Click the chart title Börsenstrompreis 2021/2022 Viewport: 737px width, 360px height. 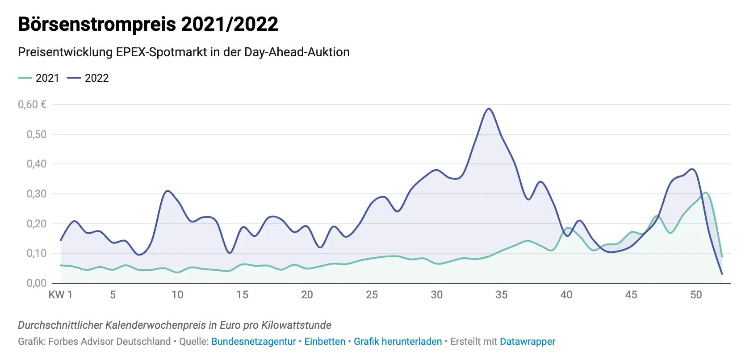(148, 24)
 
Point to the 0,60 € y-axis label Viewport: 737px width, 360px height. (32, 105)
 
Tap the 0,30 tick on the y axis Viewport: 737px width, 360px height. (36, 194)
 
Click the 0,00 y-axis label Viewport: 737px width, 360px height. (36, 283)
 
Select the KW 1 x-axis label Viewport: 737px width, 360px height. (60, 295)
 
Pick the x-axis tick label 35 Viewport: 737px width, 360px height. (501, 295)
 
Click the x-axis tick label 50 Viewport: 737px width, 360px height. (696, 295)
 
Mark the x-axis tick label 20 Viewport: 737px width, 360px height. (307, 295)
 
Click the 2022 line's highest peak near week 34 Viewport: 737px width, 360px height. (489, 109)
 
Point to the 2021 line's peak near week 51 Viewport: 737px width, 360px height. (705, 193)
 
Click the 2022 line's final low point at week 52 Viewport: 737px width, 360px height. (722, 274)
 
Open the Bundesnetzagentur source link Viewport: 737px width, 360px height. (253, 342)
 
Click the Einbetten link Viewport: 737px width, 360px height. (325, 342)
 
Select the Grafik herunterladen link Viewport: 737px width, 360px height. (398, 342)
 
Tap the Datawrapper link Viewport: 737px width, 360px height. (528, 342)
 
